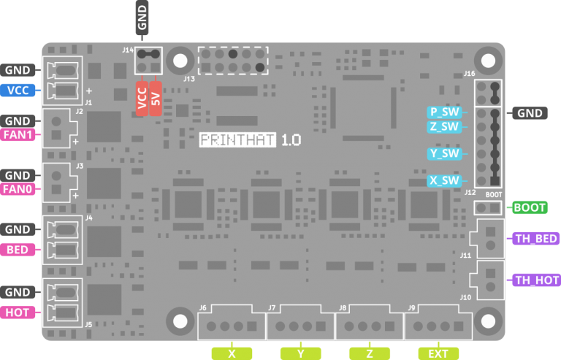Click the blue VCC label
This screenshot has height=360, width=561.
(18, 90)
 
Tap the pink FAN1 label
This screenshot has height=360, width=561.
(18, 135)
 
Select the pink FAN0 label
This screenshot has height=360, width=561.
(18, 188)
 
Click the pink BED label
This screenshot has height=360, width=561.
(18, 250)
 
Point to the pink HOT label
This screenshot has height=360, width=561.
(18, 313)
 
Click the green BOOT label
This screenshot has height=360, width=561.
(530, 207)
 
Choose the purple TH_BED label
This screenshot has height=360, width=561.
(536, 239)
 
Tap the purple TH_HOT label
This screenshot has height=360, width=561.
(536, 280)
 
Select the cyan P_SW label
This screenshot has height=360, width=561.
(444, 112)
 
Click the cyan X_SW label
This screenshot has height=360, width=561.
(444, 180)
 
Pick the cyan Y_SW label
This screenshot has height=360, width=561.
(444, 154)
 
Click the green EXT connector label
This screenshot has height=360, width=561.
(438, 354)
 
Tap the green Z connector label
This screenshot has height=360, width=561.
(370, 354)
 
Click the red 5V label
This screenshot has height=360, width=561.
(156, 99)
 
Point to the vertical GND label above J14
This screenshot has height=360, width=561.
(142, 18)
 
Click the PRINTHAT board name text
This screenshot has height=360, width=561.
(237, 139)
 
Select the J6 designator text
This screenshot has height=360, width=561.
(203, 308)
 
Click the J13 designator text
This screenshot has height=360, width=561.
(189, 79)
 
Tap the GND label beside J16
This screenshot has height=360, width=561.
(530, 113)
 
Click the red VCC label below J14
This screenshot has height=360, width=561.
(142, 99)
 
